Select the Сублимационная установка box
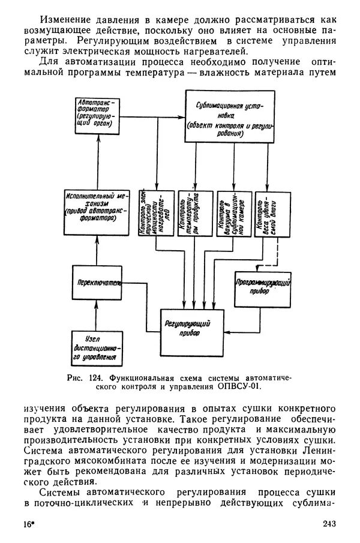(229, 116)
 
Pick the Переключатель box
(96, 281)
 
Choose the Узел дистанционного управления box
(96, 348)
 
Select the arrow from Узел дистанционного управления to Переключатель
(96, 314)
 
